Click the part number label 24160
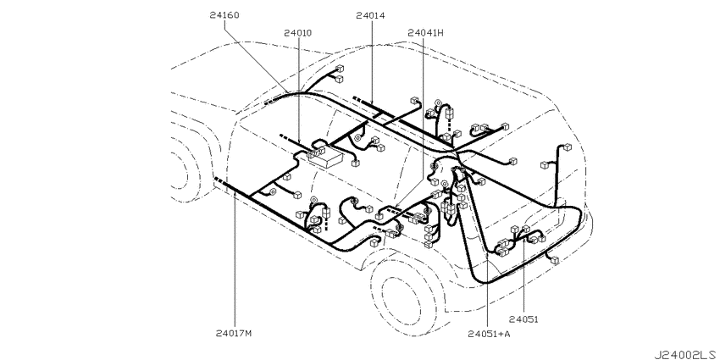tap(224, 15)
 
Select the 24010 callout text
tap(297, 33)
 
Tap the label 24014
tap(370, 15)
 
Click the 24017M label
tap(234, 334)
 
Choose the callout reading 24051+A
tap(489, 334)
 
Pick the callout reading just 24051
tap(523, 319)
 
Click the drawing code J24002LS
tap(687, 354)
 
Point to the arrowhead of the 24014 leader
tap(372, 104)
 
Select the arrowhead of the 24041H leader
tap(396, 206)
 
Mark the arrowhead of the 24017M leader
tap(235, 192)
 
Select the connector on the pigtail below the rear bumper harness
tap(555, 260)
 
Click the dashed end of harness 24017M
tap(219, 180)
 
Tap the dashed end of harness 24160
tap(272, 102)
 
